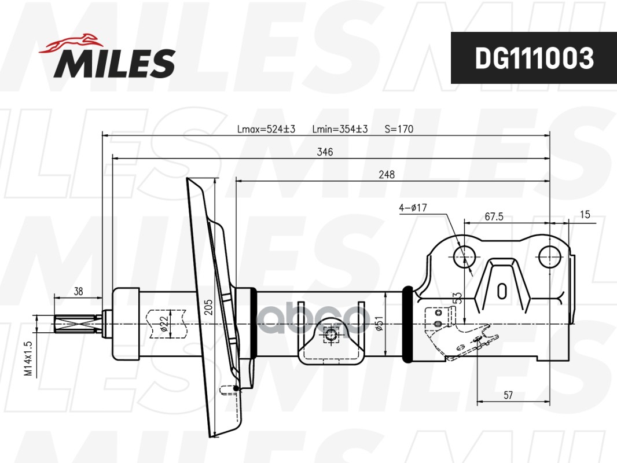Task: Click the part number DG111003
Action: click(x=534, y=58)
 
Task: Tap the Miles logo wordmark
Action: click(x=115, y=63)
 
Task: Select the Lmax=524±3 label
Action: click(x=266, y=129)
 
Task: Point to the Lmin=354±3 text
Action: click(x=340, y=129)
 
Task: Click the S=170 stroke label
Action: click(x=399, y=129)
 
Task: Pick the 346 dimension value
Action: click(x=325, y=152)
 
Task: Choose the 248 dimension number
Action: click(x=387, y=175)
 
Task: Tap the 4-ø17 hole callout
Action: click(x=413, y=208)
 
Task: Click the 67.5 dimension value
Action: click(x=494, y=217)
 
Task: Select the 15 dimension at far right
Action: click(x=585, y=215)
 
